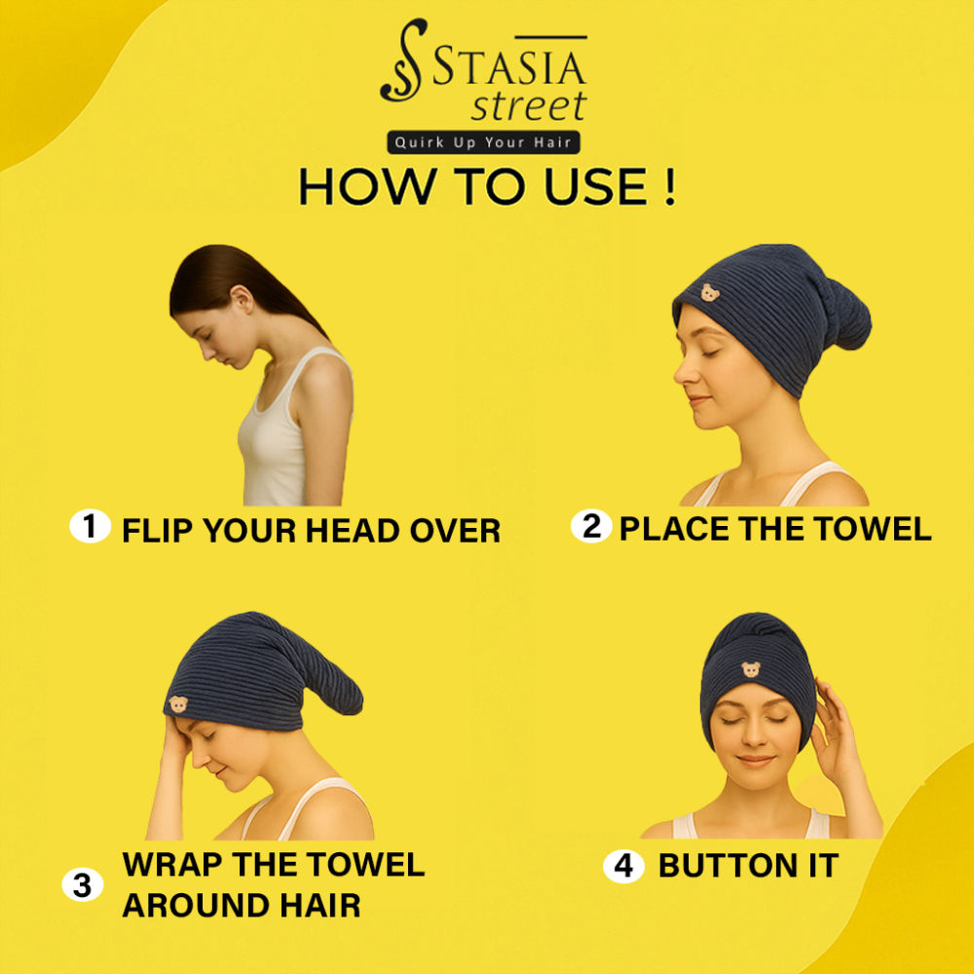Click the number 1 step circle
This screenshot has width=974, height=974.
[90, 526]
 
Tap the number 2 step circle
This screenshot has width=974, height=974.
[591, 526]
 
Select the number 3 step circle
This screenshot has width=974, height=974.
[83, 884]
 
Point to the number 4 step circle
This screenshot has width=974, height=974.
[623, 866]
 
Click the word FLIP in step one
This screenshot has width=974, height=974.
[158, 531]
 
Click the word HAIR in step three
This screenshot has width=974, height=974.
[319, 905]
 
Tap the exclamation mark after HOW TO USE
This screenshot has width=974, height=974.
[669, 186]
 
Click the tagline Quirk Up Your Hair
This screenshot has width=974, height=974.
[483, 142]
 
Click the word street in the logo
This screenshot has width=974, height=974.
[529, 105]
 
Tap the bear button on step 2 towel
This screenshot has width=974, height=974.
[710, 292]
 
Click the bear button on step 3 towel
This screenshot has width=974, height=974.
[178, 704]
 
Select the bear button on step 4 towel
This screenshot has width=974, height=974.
[751, 669]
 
